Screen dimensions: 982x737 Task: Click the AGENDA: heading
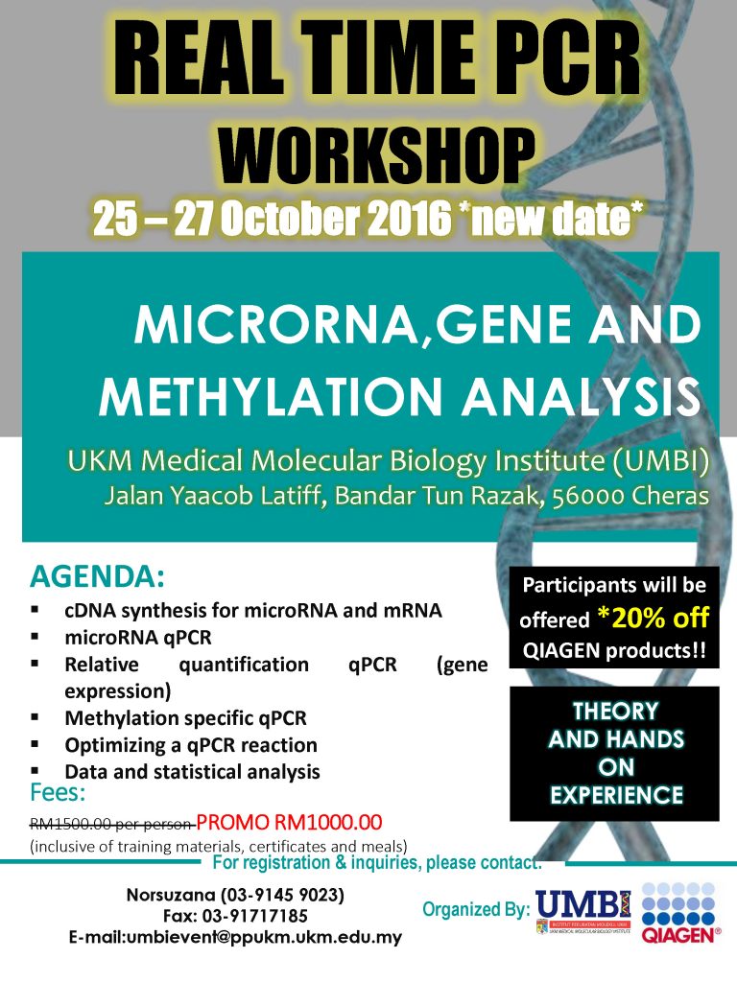[97, 578]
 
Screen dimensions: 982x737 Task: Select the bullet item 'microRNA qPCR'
[138, 637]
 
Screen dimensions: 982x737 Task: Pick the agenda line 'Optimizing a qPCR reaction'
[190, 744]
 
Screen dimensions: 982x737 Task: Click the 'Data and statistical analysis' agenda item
[192, 771]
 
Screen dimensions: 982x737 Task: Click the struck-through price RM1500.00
[71, 823]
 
